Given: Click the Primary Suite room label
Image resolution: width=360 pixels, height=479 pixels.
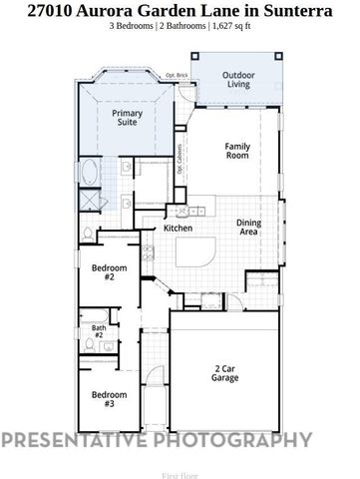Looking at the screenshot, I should [x=127, y=120].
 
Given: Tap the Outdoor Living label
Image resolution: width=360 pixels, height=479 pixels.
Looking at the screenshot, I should [x=238, y=81].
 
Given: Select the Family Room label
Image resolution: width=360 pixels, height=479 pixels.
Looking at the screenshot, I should [x=236, y=152].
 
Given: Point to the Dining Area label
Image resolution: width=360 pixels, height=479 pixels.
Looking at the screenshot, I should [x=249, y=229].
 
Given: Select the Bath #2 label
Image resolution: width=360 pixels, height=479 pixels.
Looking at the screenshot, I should [x=99, y=331].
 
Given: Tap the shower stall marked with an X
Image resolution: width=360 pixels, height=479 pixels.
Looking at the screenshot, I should [x=92, y=200].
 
